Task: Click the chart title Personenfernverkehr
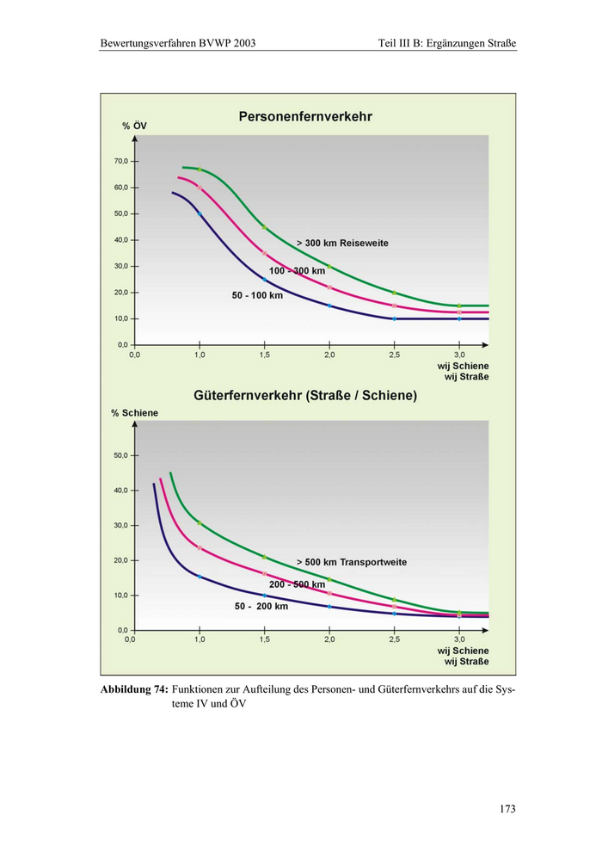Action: click(x=305, y=116)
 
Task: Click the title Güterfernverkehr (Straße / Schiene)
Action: click(x=305, y=396)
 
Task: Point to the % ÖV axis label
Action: click(x=134, y=127)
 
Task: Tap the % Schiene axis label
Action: click(x=134, y=413)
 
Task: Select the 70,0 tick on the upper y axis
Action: click(x=120, y=161)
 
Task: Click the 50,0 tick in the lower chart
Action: click(x=120, y=455)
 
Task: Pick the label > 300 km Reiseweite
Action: click(x=342, y=243)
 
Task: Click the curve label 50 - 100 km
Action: click(x=257, y=295)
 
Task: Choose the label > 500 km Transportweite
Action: click(x=351, y=562)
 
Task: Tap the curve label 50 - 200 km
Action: click(x=261, y=606)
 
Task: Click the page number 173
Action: click(x=507, y=809)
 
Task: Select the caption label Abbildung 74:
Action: click(x=133, y=689)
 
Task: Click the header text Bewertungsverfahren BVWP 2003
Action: click(x=178, y=42)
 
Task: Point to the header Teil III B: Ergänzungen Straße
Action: click(x=446, y=42)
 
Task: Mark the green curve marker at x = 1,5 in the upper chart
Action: click(x=264, y=227)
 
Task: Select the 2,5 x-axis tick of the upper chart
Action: click(x=394, y=355)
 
